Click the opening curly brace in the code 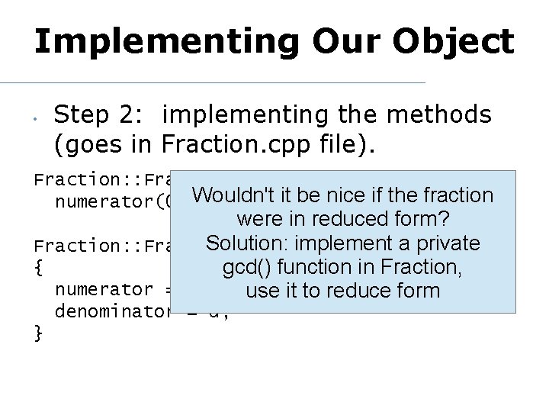point(38,268)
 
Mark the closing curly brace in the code point(38,333)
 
